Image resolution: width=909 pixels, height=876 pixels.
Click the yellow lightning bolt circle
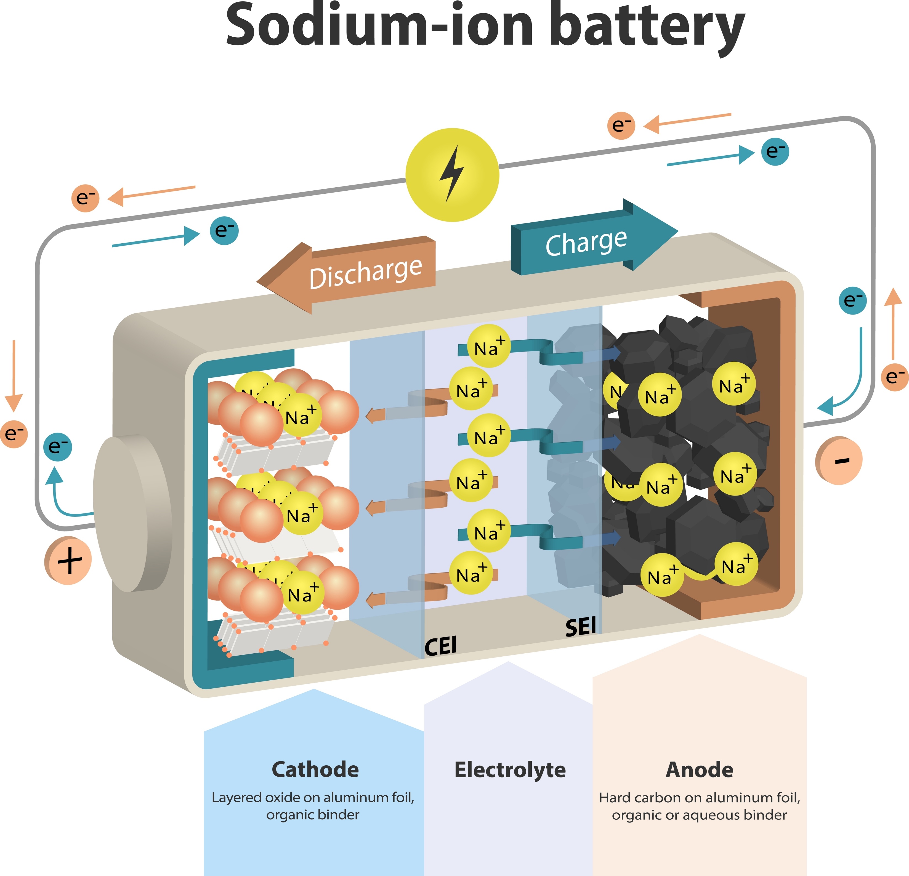tap(452, 175)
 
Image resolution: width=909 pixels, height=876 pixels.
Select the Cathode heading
tap(315, 769)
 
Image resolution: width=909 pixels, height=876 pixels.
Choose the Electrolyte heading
tap(510, 769)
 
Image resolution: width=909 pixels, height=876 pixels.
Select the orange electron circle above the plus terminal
tap(14, 434)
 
